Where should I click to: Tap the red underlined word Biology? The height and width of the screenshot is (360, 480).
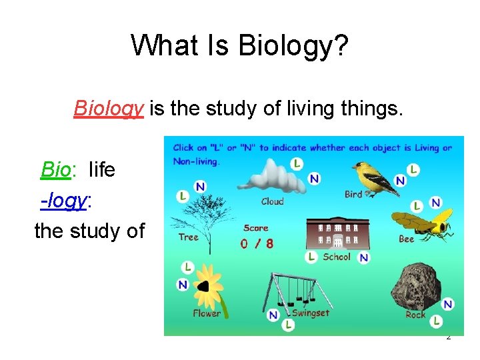[x=109, y=107]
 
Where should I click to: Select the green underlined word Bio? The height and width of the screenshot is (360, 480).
[x=55, y=169]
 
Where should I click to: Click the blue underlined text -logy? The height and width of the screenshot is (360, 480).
[x=64, y=199]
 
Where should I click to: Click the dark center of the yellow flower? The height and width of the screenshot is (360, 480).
[x=203, y=287]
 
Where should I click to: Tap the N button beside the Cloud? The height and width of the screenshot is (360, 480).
[x=314, y=178]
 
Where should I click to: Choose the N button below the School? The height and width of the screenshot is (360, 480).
[x=363, y=257]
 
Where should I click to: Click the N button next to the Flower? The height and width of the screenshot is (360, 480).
[x=183, y=285]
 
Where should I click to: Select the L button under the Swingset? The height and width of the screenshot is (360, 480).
[x=288, y=325]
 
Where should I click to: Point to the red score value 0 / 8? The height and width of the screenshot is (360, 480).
[x=257, y=244]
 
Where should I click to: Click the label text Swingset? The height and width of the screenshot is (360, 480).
[x=311, y=313]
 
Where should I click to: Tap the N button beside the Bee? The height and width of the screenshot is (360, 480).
[x=435, y=203]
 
